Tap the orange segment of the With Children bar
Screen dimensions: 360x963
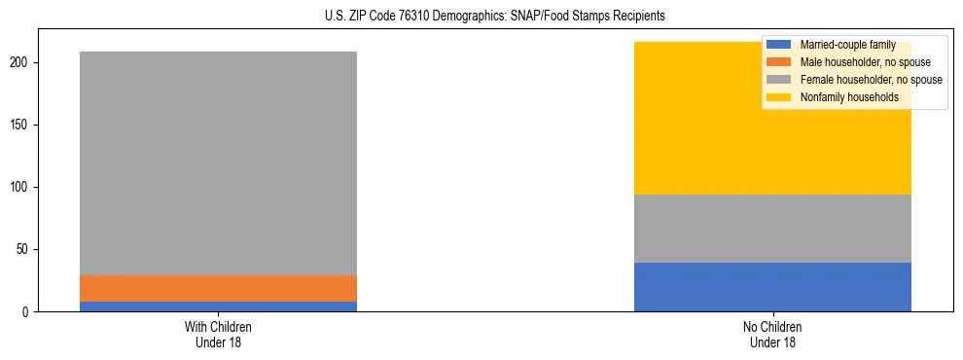[x=218, y=288]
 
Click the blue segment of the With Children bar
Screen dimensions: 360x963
[x=218, y=306]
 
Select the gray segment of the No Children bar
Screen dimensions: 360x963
[x=772, y=229]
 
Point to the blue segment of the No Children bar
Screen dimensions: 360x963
[x=772, y=287]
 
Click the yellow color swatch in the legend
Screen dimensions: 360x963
[x=779, y=97]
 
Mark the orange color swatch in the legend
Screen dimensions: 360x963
[x=779, y=62]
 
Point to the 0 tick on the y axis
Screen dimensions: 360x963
[x=29, y=312]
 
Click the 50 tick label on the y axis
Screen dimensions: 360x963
[x=26, y=250]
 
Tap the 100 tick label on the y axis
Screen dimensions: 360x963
[x=23, y=188]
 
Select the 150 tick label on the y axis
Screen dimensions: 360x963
[x=23, y=126]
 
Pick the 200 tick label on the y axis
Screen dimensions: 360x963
[x=23, y=63]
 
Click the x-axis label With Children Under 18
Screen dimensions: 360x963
[x=218, y=334]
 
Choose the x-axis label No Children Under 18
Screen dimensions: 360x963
[x=772, y=334]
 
